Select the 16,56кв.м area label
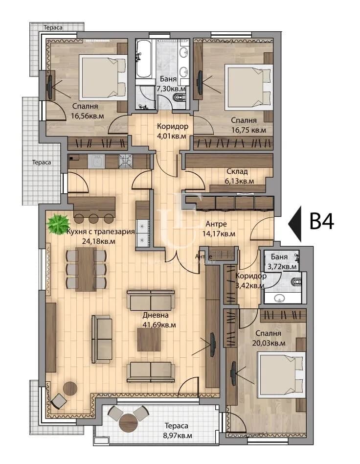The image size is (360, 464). click(87, 116)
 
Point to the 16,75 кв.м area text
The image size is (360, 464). click(248, 130)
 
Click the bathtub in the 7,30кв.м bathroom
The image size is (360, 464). click(144, 60)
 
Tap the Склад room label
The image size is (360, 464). click(237, 171)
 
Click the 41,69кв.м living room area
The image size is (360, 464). click(159, 325)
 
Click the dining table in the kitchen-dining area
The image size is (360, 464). click(86, 269)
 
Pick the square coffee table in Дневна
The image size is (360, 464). click(149, 340)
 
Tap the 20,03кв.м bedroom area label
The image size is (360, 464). click(269, 343)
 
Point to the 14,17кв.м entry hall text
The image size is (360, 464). click(219, 234)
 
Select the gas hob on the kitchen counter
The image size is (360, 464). click(126, 162)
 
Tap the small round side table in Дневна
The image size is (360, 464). click(70, 388)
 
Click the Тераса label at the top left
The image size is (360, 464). click(53, 27)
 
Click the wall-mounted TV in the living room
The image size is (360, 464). click(213, 345)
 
